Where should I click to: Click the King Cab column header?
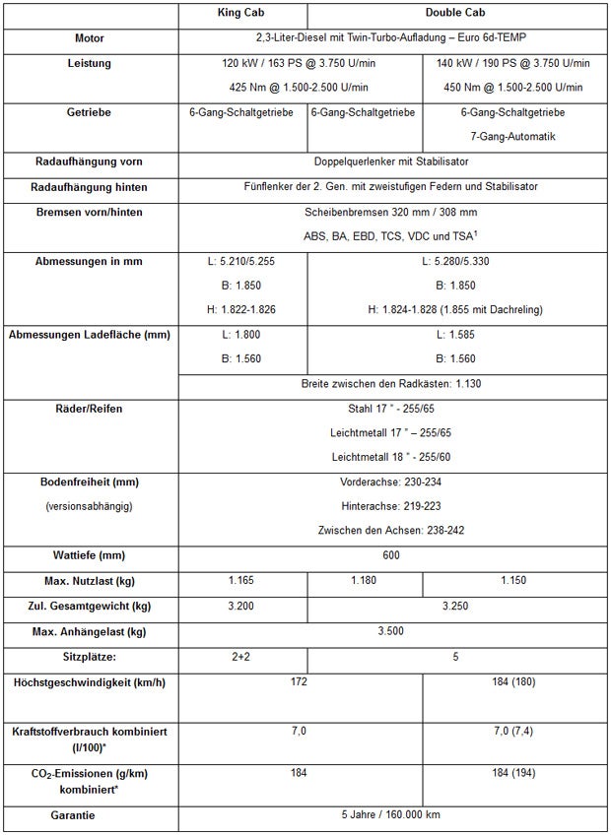242,14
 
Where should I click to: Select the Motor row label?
90,38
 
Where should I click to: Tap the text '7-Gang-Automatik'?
512,136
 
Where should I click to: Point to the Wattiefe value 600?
391,555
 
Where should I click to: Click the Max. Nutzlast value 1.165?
242,580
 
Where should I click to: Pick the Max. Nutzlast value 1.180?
364,580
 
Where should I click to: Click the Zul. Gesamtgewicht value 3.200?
242,605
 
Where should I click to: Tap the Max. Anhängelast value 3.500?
391,630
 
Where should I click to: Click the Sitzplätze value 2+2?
242,655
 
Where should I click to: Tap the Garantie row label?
90,815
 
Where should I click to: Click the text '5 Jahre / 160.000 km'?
391,815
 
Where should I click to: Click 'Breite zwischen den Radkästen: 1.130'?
391,383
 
